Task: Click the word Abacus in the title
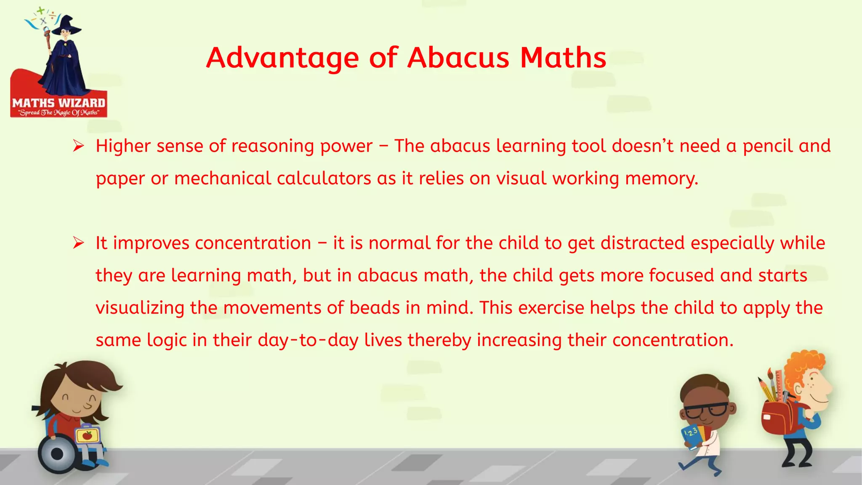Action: point(458,58)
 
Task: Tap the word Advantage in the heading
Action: point(282,59)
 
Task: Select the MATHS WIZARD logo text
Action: point(59,103)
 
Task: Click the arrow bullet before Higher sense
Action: point(78,146)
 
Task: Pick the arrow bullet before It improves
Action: point(78,243)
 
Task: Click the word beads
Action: point(375,308)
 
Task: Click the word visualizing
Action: point(140,308)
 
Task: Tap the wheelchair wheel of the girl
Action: point(57,454)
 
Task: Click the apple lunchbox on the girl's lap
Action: point(88,435)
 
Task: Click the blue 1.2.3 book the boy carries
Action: point(692,436)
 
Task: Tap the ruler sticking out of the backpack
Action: point(779,385)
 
